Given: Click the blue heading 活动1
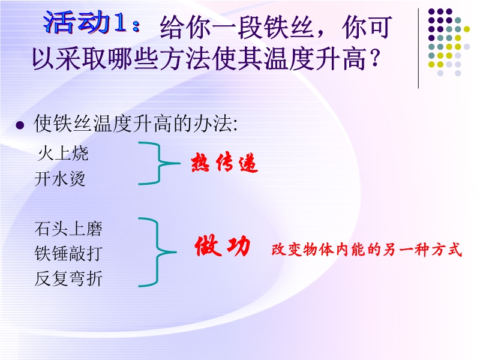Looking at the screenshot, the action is [85, 22].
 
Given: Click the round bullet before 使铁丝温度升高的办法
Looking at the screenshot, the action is [20, 125].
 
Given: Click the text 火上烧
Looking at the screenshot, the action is [63, 154].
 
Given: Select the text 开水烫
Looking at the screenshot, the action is [59, 179].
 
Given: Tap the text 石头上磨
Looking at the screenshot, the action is [68, 229].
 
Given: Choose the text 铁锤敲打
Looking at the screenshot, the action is [68, 253].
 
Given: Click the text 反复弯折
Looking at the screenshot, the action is [68, 278].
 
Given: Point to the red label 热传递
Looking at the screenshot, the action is [224, 163].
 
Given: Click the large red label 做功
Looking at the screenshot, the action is [223, 246].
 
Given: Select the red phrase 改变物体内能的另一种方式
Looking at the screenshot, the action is [367, 250].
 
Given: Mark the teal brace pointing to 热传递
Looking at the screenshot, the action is [159, 163].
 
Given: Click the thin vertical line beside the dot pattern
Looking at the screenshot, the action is [418, 49].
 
